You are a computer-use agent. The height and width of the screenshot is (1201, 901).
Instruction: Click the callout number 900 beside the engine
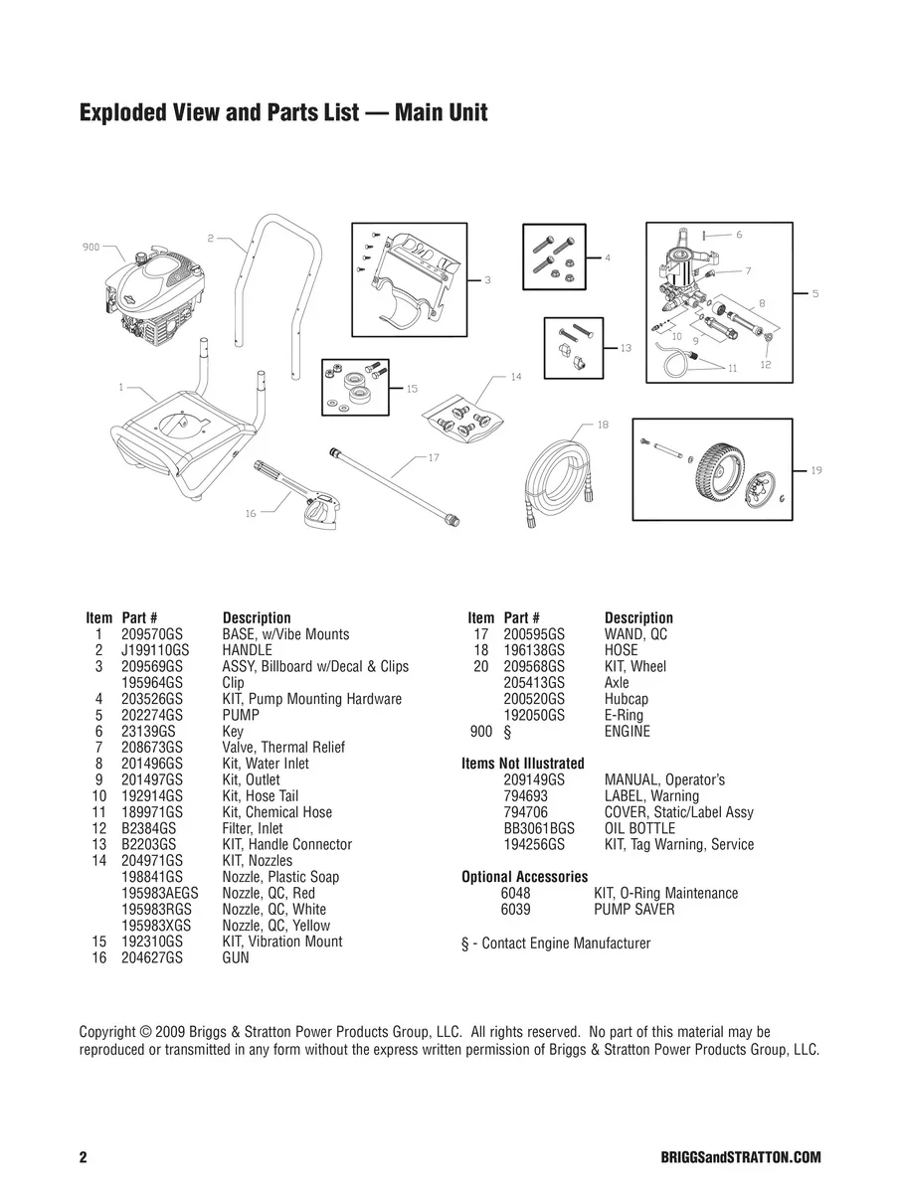pyautogui.click(x=90, y=248)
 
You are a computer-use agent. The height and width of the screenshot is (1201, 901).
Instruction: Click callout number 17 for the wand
pyautogui.click(x=434, y=457)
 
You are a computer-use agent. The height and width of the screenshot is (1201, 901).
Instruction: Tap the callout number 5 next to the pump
pyautogui.click(x=815, y=294)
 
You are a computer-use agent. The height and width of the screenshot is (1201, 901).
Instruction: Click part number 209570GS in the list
pyautogui.click(x=151, y=634)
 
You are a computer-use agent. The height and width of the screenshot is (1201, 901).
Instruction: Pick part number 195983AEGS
pyautogui.click(x=160, y=894)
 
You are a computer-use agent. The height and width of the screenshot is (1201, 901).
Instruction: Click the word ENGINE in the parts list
pyautogui.click(x=627, y=732)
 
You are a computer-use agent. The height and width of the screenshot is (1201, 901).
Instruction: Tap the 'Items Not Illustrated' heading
pyautogui.click(x=523, y=764)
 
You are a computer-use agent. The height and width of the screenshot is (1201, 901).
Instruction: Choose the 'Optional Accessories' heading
pyautogui.click(x=524, y=877)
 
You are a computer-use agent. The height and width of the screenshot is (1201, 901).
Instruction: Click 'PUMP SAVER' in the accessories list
pyautogui.click(x=633, y=910)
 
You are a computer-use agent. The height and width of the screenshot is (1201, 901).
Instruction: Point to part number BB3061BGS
pyautogui.click(x=539, y=828)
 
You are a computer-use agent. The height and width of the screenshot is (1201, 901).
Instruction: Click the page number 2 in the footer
pyautogui.click(x=84, y=1158)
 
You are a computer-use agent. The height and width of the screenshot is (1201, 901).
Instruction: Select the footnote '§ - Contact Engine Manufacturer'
pyautogui.click(x=556, y=943)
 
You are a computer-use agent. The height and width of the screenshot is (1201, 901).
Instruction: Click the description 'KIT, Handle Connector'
pyautogui.click(x=286, y=845)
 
